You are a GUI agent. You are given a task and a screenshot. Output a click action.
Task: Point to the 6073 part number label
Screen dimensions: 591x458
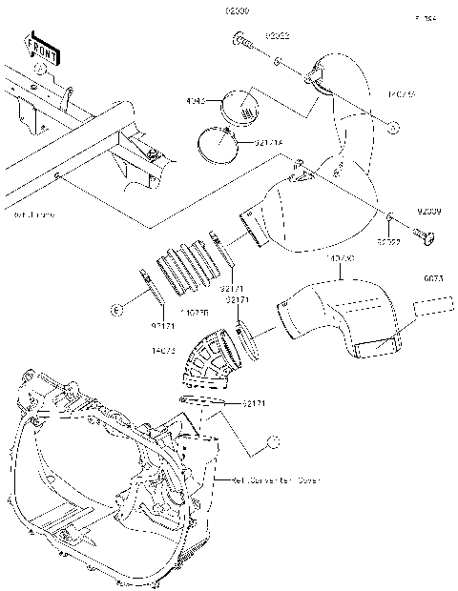coord(433,280)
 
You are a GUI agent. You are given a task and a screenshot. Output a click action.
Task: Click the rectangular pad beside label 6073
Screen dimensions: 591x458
coord(435,308)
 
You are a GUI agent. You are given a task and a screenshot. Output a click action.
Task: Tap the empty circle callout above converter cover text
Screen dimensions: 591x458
coord(273,440)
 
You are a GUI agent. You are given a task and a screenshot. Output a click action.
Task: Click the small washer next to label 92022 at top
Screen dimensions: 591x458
coord(276,61)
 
